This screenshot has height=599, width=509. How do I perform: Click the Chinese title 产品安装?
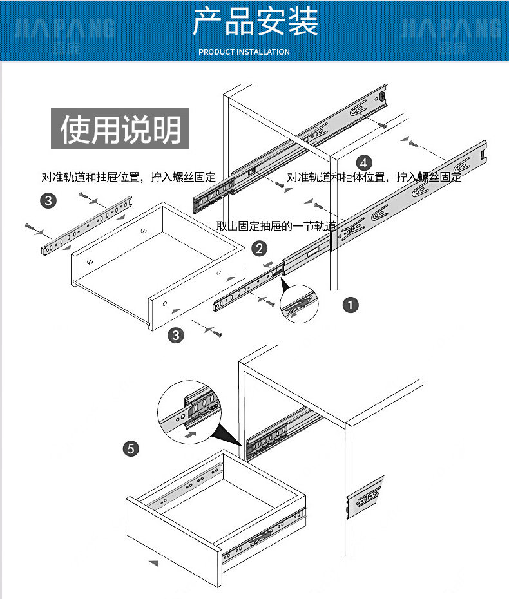click(x=255, y=23)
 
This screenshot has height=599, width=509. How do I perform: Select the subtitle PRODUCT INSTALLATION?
click(x=244, y=52)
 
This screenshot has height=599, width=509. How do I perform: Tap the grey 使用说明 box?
click(x=120, y=129)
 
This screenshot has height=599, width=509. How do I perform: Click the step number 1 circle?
click(x=350, y=305)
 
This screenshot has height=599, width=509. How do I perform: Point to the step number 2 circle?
click(x=259, y=248)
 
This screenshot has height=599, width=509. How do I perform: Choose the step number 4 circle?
click(x=364, y=162)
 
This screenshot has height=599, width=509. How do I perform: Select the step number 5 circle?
click(x=131, y=448)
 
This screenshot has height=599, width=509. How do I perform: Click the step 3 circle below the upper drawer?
click(x=175, y=335)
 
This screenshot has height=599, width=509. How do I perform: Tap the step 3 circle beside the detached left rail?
click(x=48, y=200)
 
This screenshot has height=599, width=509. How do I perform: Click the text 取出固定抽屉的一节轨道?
click(x=276, y=225)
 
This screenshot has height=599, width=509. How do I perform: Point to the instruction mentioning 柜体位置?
click(x=374, y=177)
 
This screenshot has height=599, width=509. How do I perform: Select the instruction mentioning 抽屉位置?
click(x=128, y=177)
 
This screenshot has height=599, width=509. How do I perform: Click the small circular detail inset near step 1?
click(x=300, y=305)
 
